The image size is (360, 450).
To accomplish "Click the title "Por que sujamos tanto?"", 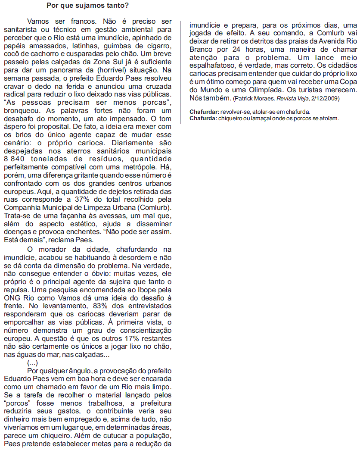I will point(87,6).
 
